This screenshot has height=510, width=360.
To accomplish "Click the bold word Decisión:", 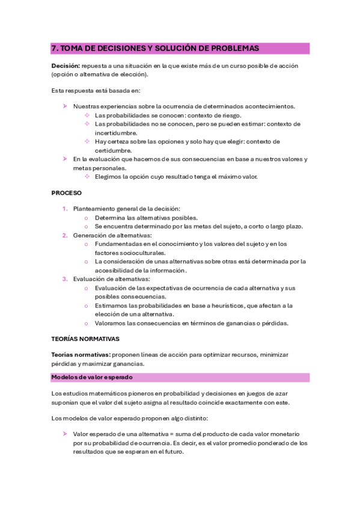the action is (x=67, y=66).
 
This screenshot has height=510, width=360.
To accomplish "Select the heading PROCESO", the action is (x=66, y=193).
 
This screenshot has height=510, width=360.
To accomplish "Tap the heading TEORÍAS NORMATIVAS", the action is (x=85, y=339).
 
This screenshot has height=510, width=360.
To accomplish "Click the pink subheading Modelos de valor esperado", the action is (x=91, y=378).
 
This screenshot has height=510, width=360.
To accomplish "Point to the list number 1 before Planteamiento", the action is (x=65, y=209).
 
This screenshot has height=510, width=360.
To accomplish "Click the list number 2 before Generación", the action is (x=65, y=235).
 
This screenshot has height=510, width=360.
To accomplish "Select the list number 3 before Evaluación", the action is (x=65, y=279).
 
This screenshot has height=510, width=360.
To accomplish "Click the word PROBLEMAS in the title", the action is (x=233, y=48).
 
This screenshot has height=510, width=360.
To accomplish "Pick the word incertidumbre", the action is (x=116, y=133).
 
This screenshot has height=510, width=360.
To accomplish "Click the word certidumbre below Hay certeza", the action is (x=114, y=150).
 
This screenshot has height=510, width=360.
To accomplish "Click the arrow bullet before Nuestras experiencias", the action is (x=65, y=106).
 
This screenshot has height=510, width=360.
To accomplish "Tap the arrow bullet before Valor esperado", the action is (x=65, y=434).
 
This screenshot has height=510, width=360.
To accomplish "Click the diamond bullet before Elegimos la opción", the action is (x=87, y=177).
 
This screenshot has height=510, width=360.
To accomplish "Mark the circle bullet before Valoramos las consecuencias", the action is (x=87, y=323).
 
